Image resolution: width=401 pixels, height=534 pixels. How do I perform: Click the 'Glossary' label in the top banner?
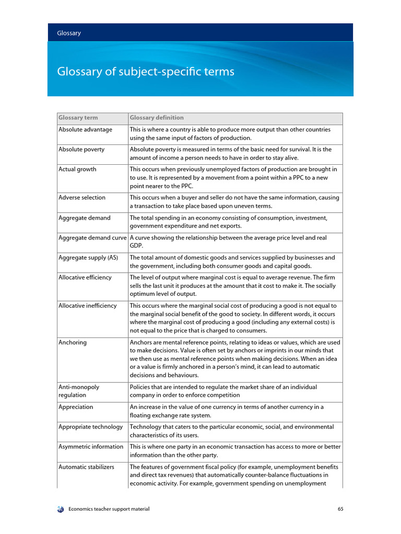coord(69,33)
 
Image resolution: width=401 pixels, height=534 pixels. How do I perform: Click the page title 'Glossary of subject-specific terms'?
coord(146,71)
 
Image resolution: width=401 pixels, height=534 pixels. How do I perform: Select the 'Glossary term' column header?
coord(78,118)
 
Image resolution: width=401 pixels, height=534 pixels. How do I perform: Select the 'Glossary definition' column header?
coord(157,118)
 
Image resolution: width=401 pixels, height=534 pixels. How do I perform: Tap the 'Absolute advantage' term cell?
coord(85,129)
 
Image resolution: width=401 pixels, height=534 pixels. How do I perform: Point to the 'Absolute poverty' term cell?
coord(81,149)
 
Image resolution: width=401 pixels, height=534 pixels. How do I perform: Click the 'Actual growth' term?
coord(77,169)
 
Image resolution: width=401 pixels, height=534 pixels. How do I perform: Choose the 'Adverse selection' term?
coord(82,198)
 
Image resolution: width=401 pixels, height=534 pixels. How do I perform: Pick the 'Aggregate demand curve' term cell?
coord(92,238)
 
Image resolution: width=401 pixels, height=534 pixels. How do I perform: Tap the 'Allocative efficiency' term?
coord(85,277)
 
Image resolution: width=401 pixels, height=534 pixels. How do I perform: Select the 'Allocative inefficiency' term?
coord(88,306)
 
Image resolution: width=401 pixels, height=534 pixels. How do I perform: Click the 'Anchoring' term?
coord(73,343)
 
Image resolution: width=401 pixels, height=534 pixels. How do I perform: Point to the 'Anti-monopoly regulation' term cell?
coord(79,391)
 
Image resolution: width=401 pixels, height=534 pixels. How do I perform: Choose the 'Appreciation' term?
coord(76,407)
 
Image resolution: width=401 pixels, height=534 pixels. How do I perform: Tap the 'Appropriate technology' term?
coord(91,427)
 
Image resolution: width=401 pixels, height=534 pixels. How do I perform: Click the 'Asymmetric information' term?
coord(91,446)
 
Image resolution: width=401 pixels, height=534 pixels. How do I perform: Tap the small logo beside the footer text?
coord(61,509)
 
